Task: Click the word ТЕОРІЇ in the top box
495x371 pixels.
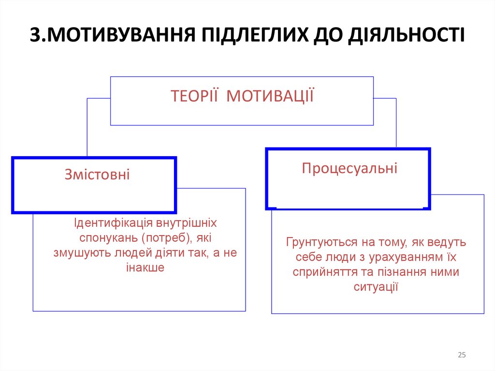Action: [194, 96]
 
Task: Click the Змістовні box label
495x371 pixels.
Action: [97, 174]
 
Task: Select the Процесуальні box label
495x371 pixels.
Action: [349, 168]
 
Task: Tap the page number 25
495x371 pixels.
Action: [462, 356]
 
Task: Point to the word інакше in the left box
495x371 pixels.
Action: [146, 267]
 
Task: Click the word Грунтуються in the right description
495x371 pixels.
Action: [316, 242]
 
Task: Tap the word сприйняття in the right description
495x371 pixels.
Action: [320, 272]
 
